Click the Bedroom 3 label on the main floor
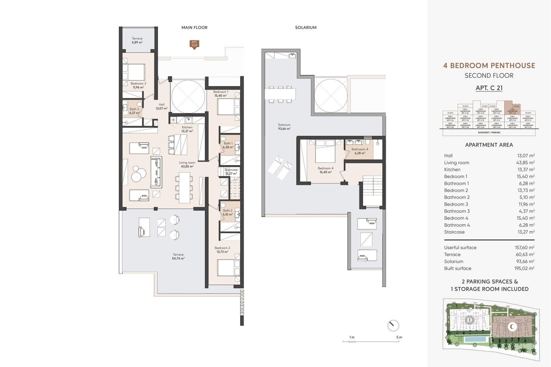click(138, 85)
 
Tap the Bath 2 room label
click(228, 212)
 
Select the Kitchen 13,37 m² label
click(187, 129)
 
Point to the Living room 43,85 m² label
click(187, 164)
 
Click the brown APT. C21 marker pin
click(194, 44)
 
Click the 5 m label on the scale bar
click(399, 337)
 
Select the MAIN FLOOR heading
click(194, 28)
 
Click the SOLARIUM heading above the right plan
click(306, 28)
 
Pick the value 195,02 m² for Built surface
click(524, 268)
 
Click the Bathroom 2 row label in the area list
click(457, 197)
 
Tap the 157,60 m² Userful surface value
click(524, 247)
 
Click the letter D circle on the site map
click(469, 320)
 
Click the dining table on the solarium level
click(280, 93)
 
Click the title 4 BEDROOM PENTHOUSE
click(489, 65)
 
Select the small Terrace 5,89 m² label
click(137, 40)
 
